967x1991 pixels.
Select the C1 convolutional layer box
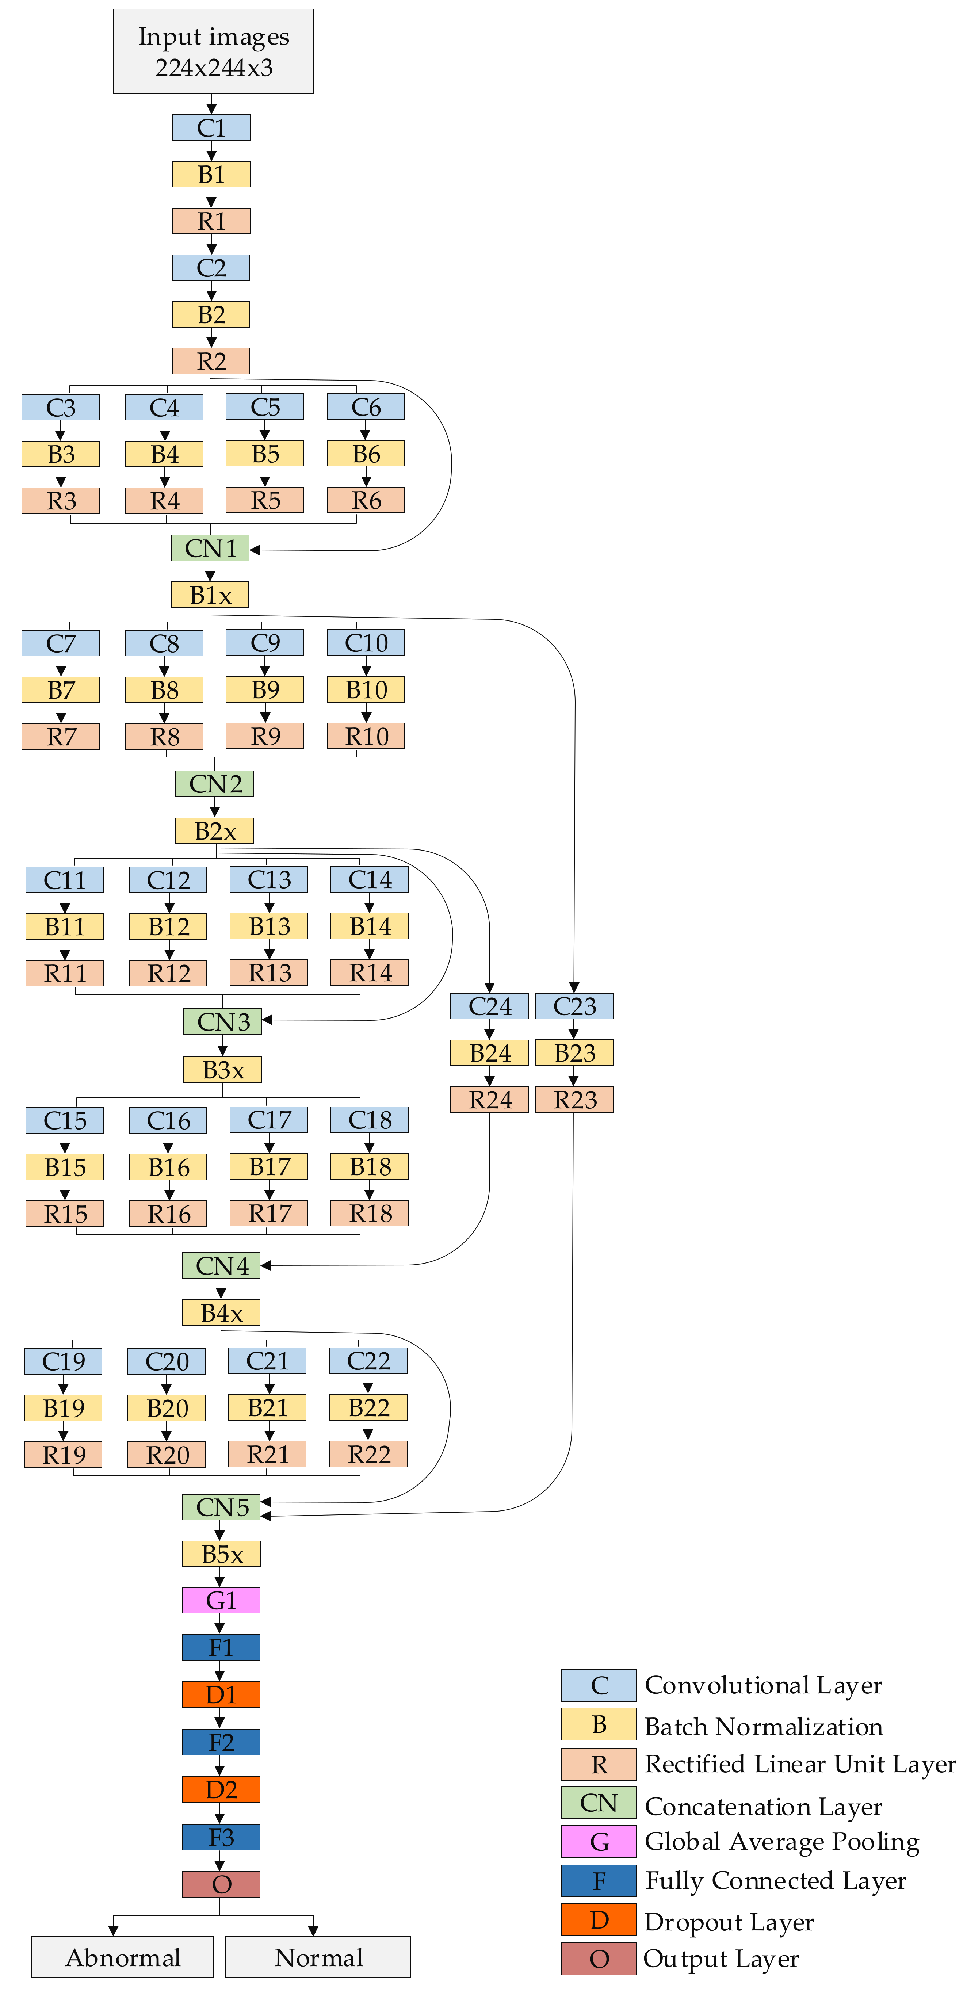(211, 127)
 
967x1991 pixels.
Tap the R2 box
(211, 361)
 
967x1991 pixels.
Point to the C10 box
(366, 643)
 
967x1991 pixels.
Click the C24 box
(489, 1006)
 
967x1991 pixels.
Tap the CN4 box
(221, 1266)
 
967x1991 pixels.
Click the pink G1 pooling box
(221, 1601)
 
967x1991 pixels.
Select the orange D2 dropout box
(221, 1789)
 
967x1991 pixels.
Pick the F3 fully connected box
(221, 1837)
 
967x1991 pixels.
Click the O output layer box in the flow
(221, 1884)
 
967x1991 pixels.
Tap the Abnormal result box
(122, 1957)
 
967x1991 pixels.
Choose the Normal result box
(318, 1957)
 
